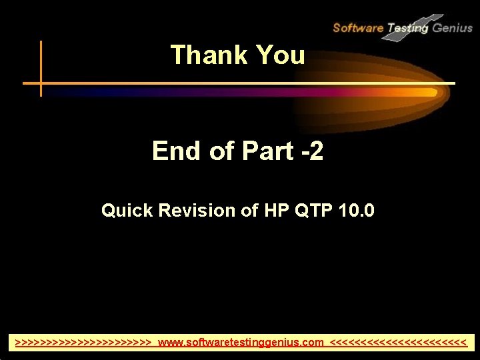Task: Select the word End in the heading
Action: click(177, 151)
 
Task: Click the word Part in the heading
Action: click(266, 151)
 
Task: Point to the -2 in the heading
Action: click(311, 151)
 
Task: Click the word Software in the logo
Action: click(357, 28)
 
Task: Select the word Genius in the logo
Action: click(452, 28)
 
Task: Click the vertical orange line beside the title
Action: click(41, 67)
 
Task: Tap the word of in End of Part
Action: click(221, 151)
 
